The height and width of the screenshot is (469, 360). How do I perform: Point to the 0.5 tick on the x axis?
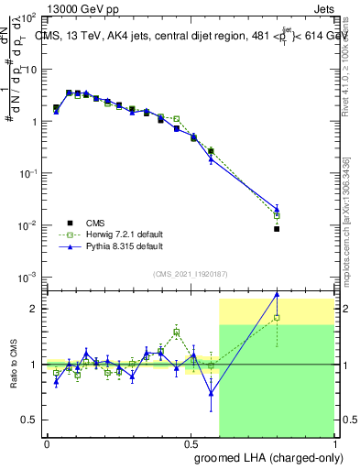191,442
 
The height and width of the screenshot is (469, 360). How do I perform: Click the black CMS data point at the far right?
277,229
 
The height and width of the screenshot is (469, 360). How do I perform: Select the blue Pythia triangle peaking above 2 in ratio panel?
277,294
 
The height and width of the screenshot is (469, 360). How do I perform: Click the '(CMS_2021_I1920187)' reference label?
190,273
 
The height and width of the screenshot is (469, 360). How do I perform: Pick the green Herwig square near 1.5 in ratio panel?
177,333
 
